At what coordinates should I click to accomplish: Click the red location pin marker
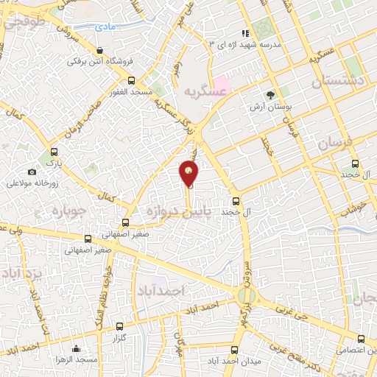[189, 173]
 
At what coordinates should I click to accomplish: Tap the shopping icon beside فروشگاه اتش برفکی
[99, 49]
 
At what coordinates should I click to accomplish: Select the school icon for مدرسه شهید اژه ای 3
[245, 33]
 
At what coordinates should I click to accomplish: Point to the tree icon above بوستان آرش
[270, 94]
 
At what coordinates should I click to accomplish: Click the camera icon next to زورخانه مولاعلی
[32, 172]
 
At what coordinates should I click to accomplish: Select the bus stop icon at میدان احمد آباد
[235, 328]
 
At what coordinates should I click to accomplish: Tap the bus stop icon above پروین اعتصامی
[360, 339]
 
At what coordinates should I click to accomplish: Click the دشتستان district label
[347, 81]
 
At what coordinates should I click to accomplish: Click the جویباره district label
[68, 212]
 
